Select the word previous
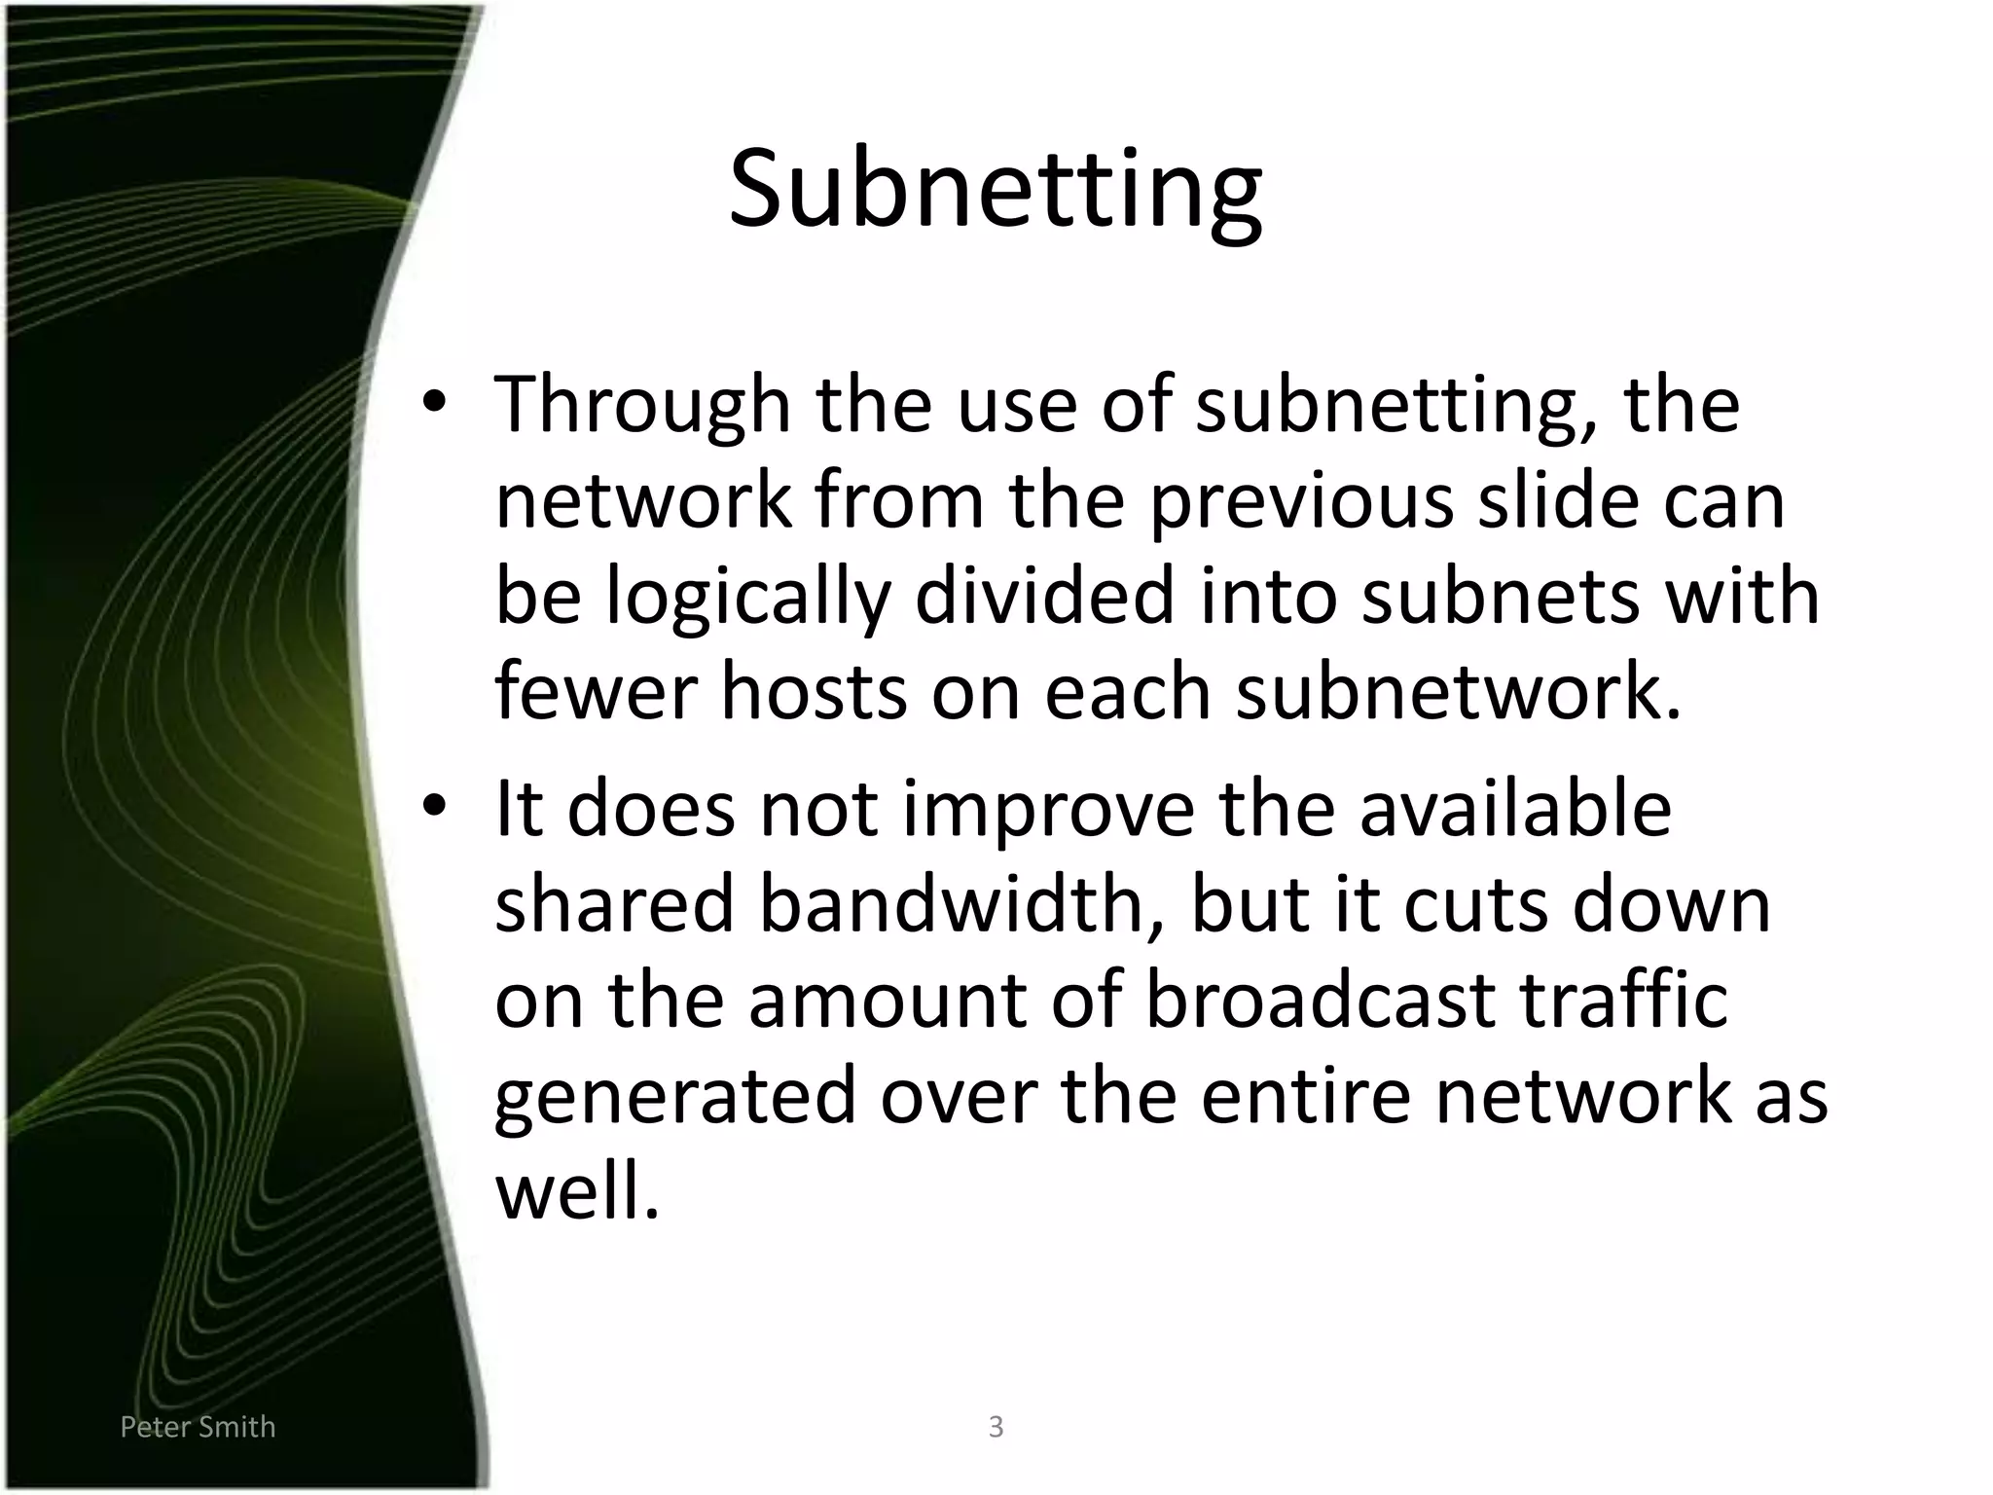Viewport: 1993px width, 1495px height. coord(1301,502)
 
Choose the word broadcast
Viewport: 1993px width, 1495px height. coord(1320,1000)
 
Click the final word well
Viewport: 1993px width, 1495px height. coord(577,1191)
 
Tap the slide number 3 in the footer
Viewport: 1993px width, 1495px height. coord(996,1427)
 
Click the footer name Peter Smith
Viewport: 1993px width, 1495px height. coord(198,1427)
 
